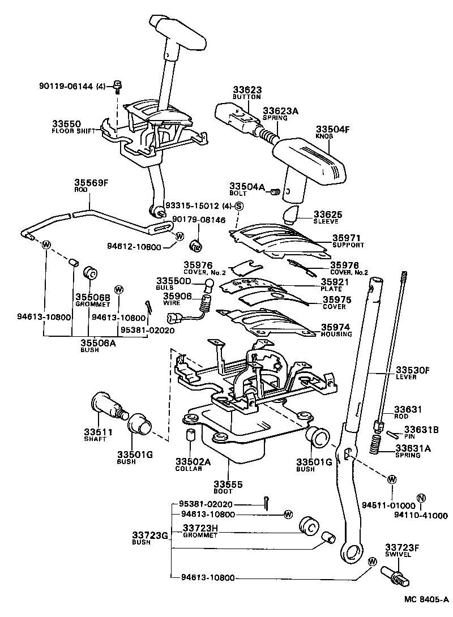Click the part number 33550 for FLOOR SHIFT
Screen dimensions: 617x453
click(67, 123)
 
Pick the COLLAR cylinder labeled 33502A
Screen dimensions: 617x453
click(191, 436)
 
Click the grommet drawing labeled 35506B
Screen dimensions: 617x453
click(90, 273)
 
